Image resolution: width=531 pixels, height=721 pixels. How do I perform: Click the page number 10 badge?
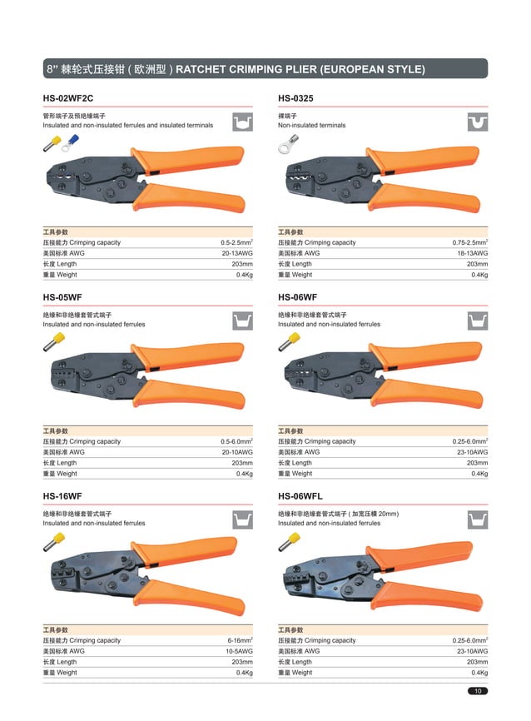pyautogui.click(x=479, y=691)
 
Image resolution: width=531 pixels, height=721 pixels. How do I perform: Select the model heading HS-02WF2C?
pyautogui.click(x=68, y=99)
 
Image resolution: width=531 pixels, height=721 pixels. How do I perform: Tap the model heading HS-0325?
pyautogui.click(x=295, y=99)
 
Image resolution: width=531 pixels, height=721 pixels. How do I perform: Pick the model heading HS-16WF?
pyautogui.click(x=62, y=497)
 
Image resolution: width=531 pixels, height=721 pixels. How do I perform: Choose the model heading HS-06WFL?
pyautogui.click(x=300, y=497)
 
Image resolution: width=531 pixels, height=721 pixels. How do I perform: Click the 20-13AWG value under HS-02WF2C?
pyautogui.click(x=237, y=253)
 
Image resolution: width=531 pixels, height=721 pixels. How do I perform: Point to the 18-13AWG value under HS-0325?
pyautogui.click(x=472, y=253)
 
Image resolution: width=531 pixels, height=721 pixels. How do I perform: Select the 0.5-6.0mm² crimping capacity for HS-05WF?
pyautogui.click(x=236, y=441)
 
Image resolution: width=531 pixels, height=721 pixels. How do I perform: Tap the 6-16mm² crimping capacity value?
pyautogui.click(x=241, y=640)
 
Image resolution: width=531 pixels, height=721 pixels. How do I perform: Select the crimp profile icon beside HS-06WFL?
pyautogui.click(x=476, y=520)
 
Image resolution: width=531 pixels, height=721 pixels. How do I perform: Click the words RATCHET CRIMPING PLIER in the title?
pyautogui.click(x=251, y=68)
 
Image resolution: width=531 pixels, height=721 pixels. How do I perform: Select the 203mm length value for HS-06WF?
pyautogui.click(x=477, y=463)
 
